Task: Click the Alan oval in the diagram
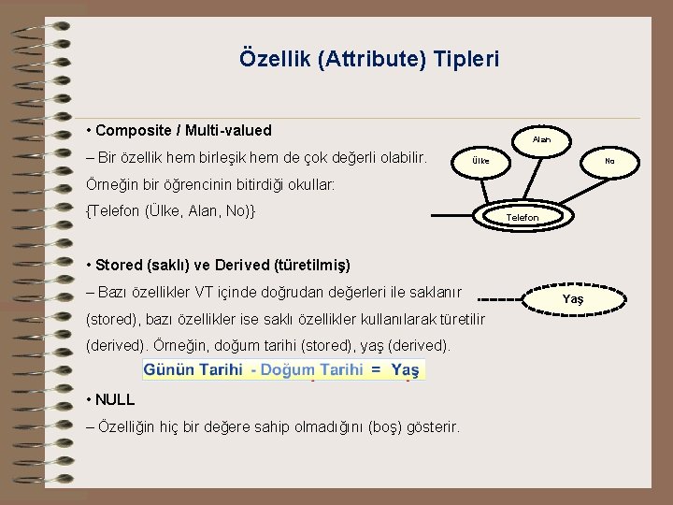tap(541, 139)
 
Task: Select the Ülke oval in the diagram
tap(480, 161)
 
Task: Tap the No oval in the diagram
tap(609, 161)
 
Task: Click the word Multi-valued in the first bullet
tap(230, 130)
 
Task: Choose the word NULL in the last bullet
tap(115, 399)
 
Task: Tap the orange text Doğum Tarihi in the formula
tap(311, 370)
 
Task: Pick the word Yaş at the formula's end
tap(405, 370)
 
